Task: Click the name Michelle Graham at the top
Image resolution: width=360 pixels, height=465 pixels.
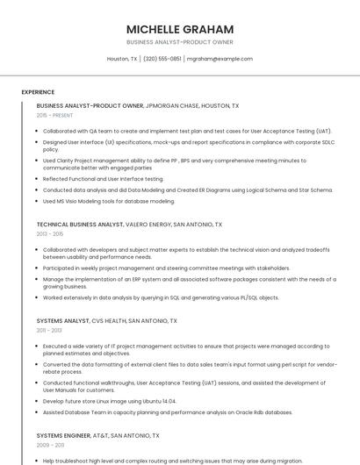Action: pos(179,29)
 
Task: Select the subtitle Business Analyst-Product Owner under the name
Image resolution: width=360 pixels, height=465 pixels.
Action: pos(179,42)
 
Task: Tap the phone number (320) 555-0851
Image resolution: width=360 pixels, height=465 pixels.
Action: pos(162,59)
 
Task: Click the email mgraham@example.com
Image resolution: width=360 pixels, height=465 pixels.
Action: pos(220,59)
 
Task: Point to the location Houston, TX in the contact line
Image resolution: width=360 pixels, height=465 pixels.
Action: pos(122,59)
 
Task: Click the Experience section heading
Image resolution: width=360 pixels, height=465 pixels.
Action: pos(38,92)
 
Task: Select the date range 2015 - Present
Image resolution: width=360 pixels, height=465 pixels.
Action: pos(54,115)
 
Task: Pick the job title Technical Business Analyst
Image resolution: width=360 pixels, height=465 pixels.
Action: pos(80,225)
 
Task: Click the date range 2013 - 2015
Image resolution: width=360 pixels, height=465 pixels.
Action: pos(50,234)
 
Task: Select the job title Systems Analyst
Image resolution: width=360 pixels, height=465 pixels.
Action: pos(62,321)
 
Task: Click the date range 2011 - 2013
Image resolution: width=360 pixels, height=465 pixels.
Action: pos(50,331)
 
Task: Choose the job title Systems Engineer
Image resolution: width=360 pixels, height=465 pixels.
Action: pos(64,435)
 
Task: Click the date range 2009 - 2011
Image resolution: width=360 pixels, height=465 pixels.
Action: pos(50,445)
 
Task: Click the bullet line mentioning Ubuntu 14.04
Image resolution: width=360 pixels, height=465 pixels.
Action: pos(110,401)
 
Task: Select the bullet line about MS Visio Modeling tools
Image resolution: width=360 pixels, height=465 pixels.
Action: pos(109,201)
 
